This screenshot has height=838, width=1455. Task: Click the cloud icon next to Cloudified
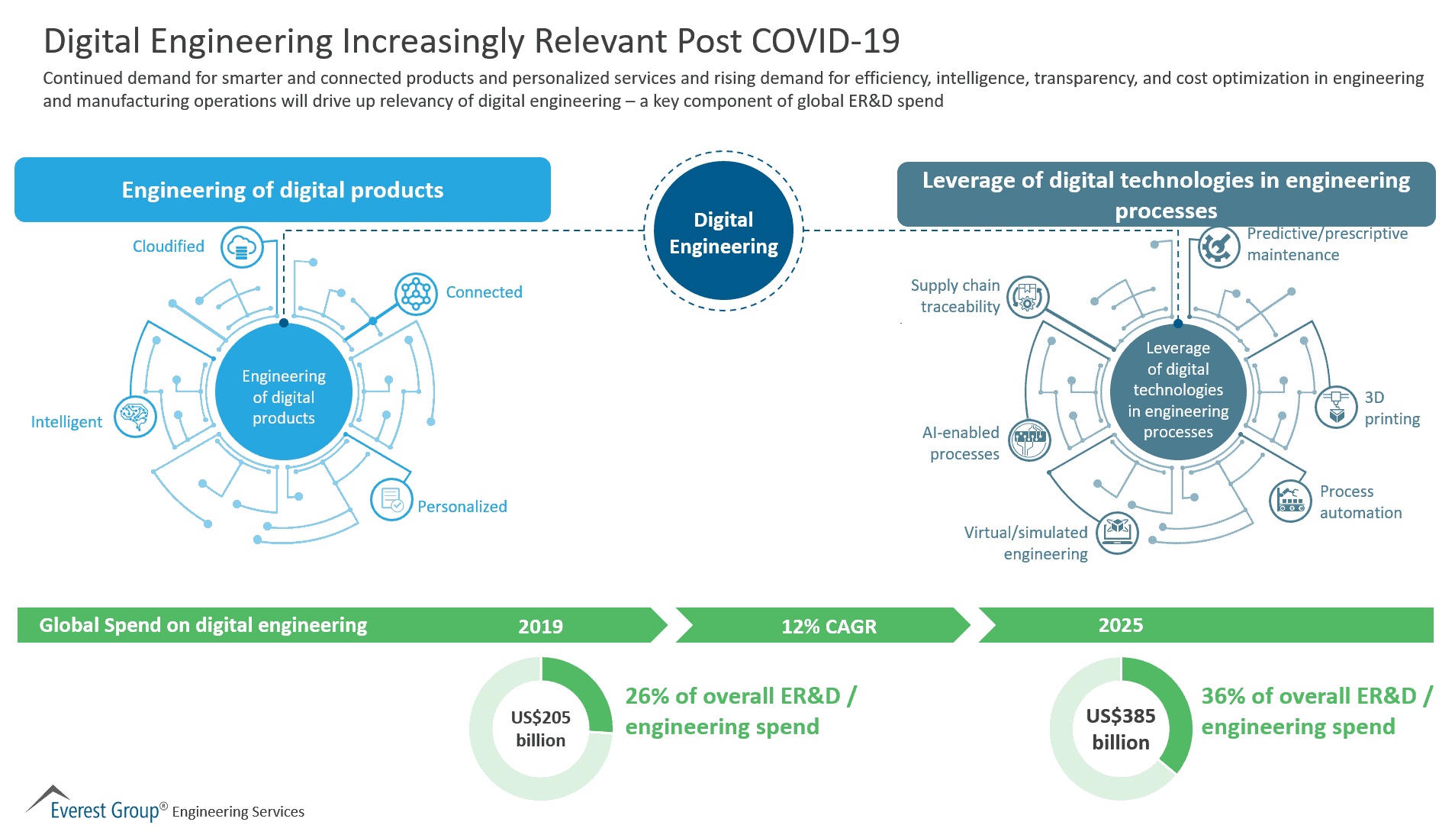point(242,247)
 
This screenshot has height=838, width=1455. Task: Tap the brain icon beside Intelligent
point(135,417)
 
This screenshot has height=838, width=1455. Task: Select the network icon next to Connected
point(416,294)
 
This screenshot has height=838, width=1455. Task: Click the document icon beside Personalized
point(391,500)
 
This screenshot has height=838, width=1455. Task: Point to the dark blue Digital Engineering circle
point(723,231)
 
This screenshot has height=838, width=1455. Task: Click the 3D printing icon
point(1336,407)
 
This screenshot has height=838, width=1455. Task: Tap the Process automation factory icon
point(1290,501)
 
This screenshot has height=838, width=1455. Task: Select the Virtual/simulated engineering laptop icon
point(1117,532)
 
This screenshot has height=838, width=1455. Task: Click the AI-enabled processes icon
point(1029,440)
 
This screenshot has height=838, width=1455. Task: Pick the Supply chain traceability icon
point(1028,297)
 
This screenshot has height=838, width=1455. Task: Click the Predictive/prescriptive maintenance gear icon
point(1218,247)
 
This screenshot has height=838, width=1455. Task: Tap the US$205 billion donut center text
point(540,728)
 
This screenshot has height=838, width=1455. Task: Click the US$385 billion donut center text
point(1120,728)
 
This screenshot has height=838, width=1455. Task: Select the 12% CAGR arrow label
point(829,627)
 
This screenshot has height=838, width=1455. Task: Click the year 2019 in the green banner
point(540,627)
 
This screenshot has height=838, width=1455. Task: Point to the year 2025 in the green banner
point(1120,625)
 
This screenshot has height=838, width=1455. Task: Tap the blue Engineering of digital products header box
point(282,190)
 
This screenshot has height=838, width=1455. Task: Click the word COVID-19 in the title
point(826,41)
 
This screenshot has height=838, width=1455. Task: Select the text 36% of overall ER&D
point(1308,696)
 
